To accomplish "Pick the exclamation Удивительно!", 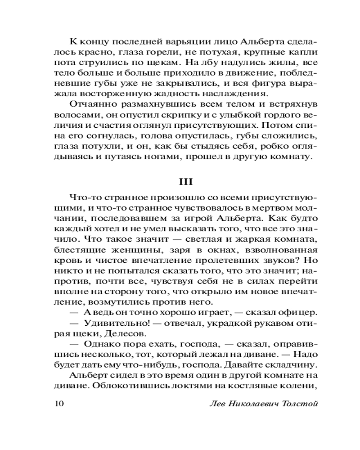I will pos(112,323).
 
